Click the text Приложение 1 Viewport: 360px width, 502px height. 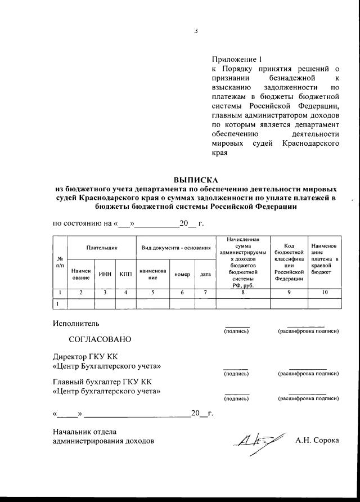(237, 59)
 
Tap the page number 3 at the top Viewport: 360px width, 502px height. (196, 31)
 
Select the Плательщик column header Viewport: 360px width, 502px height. (101, 248)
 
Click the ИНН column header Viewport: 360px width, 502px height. (105, 274)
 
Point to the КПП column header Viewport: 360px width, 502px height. (125, 274)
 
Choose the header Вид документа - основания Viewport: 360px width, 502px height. (175, 248)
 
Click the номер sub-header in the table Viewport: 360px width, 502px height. (182, 274)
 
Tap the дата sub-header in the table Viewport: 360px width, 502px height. (205, 274)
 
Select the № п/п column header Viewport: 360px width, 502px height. (60, 261)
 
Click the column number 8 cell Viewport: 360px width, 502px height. (243, 293)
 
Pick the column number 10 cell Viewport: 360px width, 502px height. (324, 293)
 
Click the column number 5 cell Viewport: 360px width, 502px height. (152, 293)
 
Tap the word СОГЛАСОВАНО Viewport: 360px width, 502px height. (100, 339)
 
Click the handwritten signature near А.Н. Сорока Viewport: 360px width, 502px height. (256, 438)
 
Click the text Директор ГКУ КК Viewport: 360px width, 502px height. (85, 357)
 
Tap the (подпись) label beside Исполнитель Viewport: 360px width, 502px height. (236, 331)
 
